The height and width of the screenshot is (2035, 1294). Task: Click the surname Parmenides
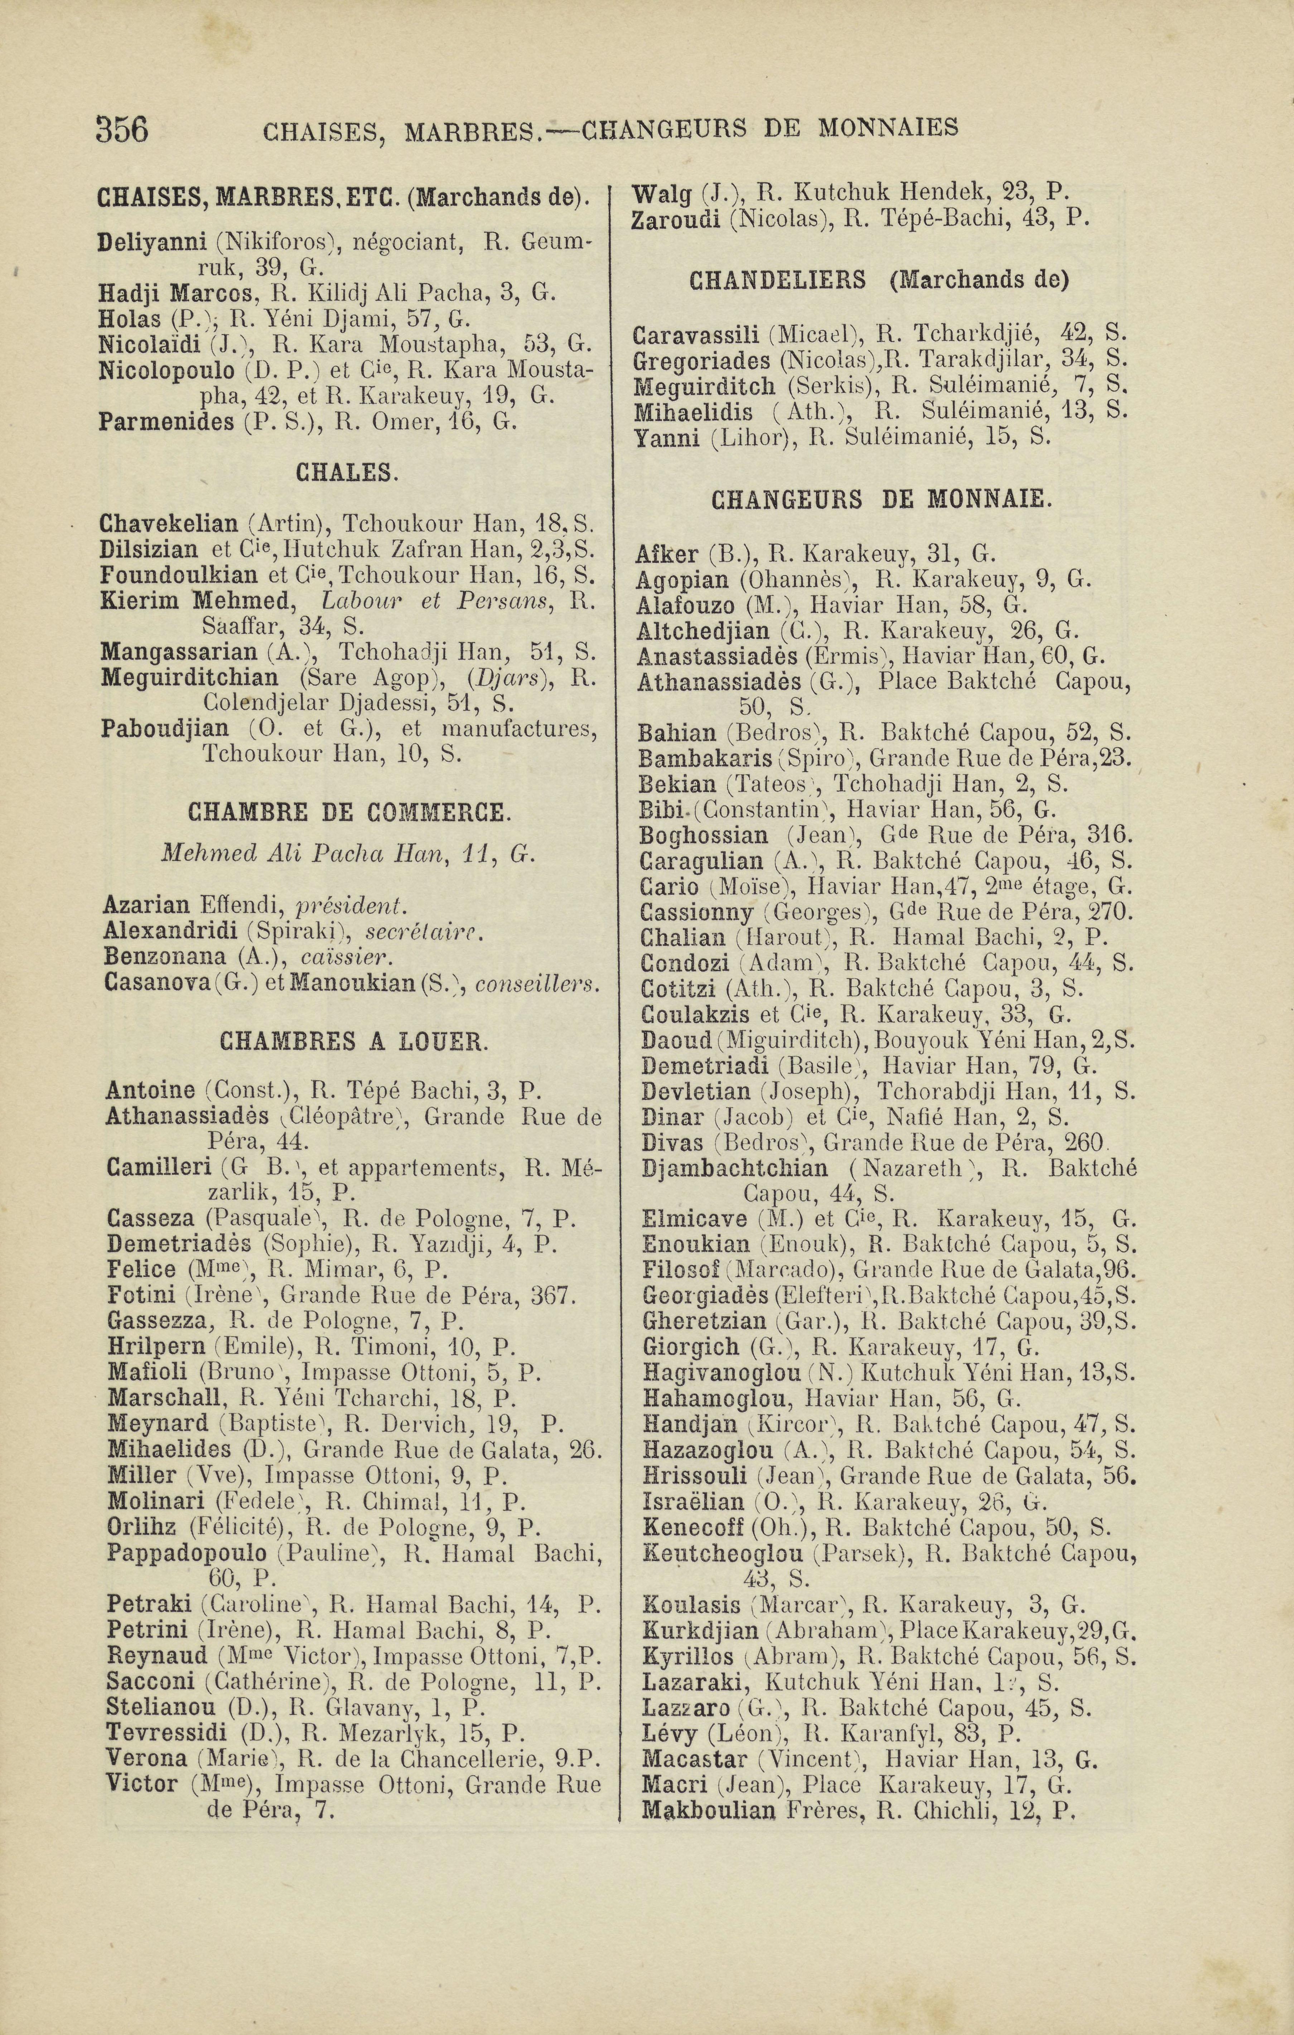(x=166, y=421)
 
